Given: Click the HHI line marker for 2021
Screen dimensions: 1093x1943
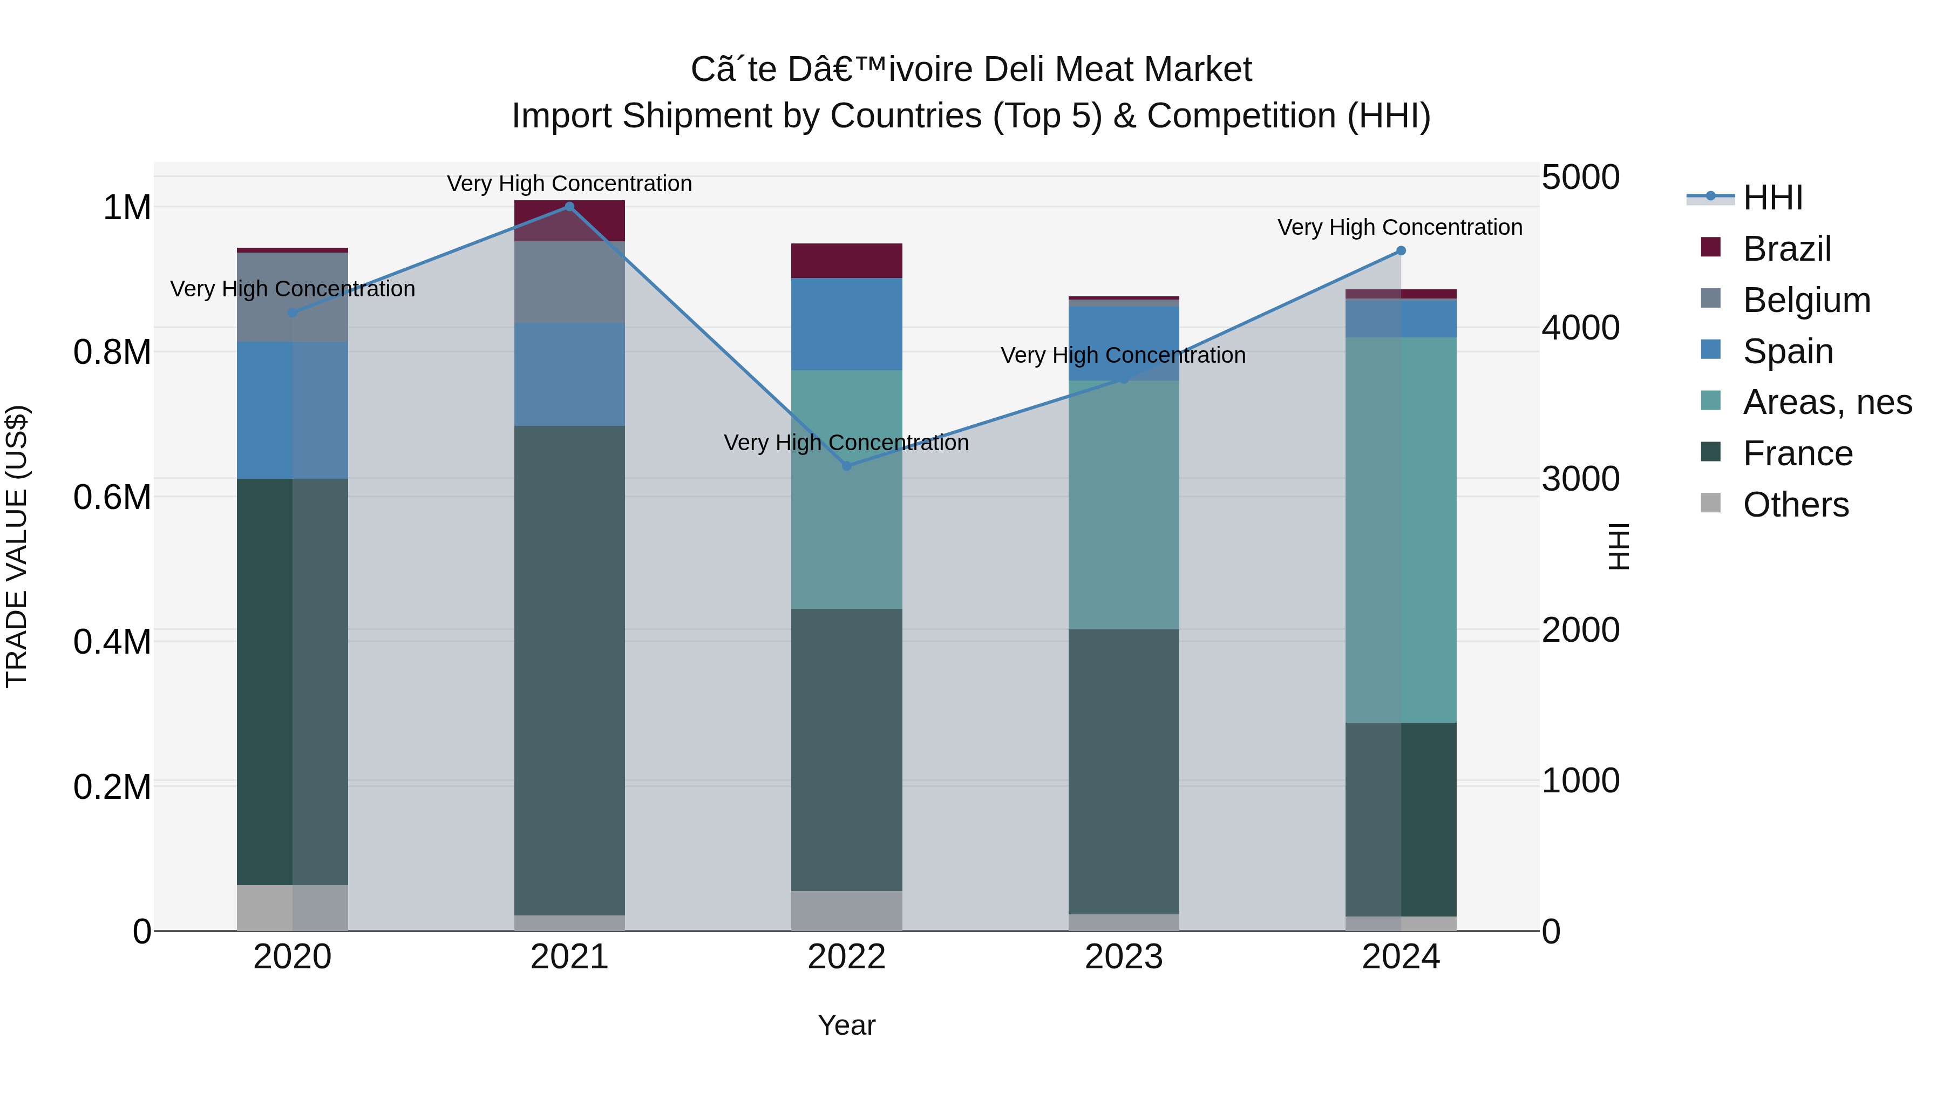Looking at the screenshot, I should point(569,207).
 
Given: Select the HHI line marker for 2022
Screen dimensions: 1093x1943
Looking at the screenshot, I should point(846,466).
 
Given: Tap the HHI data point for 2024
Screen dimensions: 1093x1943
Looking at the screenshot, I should point(1401,250).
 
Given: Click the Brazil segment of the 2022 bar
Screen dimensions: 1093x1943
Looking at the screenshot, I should point(846,261).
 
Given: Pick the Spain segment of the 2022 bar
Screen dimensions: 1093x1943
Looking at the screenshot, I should point(846,324).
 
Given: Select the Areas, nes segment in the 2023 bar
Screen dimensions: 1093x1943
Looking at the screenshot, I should point(1123,505).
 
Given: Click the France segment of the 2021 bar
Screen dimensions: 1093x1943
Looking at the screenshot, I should point(569,671).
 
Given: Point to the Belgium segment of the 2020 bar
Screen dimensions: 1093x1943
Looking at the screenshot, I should point(293,297).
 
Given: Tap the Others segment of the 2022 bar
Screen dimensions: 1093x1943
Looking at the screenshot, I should point(846,911).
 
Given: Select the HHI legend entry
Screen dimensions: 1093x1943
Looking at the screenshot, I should point(1772,198).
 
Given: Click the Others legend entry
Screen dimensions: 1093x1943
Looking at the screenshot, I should point(1795,505).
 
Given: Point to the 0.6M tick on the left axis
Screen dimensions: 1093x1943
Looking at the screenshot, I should point(112,497).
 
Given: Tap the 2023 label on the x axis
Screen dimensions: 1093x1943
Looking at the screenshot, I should point(1123,957).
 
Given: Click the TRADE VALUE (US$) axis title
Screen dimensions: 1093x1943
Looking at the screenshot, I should point(17,546).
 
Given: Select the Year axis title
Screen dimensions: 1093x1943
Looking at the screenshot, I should point(846,1025).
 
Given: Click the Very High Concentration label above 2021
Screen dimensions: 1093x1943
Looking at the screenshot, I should point(569,184).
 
